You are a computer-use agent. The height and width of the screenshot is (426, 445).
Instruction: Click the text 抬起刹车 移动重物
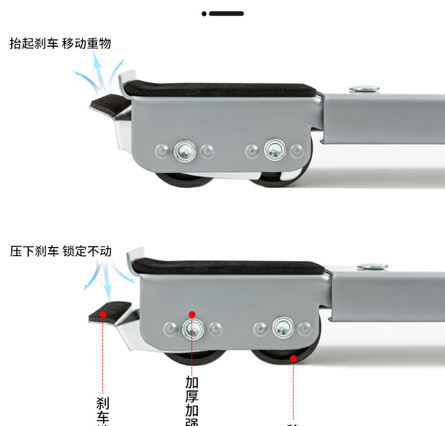[x=60, y=44]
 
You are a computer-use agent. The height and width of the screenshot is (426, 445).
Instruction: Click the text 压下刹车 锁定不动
[x=61, y=251]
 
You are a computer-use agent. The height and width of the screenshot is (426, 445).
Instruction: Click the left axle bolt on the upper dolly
[x=184, y=150]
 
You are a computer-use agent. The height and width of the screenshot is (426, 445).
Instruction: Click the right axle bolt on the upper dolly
[x=274, y=150]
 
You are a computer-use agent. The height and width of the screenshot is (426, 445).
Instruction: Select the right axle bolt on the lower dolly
[x=282, y=327]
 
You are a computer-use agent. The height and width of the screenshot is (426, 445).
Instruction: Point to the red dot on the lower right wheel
[x=293, y=358]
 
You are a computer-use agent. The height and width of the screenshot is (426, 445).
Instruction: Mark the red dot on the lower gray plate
[x=192, y=315]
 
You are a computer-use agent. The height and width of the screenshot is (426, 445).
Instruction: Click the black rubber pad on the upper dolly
[x=220, y=89]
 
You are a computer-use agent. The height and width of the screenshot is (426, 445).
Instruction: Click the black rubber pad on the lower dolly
[x=228, y=266]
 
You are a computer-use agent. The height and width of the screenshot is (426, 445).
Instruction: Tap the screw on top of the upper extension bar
[x=364, y=89]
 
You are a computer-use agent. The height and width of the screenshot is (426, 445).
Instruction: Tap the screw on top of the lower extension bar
[x=372, y=266]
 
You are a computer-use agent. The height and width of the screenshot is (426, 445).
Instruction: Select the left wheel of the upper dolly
[x=183, y=182]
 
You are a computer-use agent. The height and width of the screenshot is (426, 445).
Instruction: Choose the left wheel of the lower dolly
[x=194, y=358]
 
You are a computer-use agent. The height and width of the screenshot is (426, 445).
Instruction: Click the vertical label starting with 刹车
[x=103, y=410]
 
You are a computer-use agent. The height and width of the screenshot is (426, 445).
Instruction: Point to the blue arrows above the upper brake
[x=99, y=76]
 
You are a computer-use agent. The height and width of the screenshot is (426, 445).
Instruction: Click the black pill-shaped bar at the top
[x=226, y=14]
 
